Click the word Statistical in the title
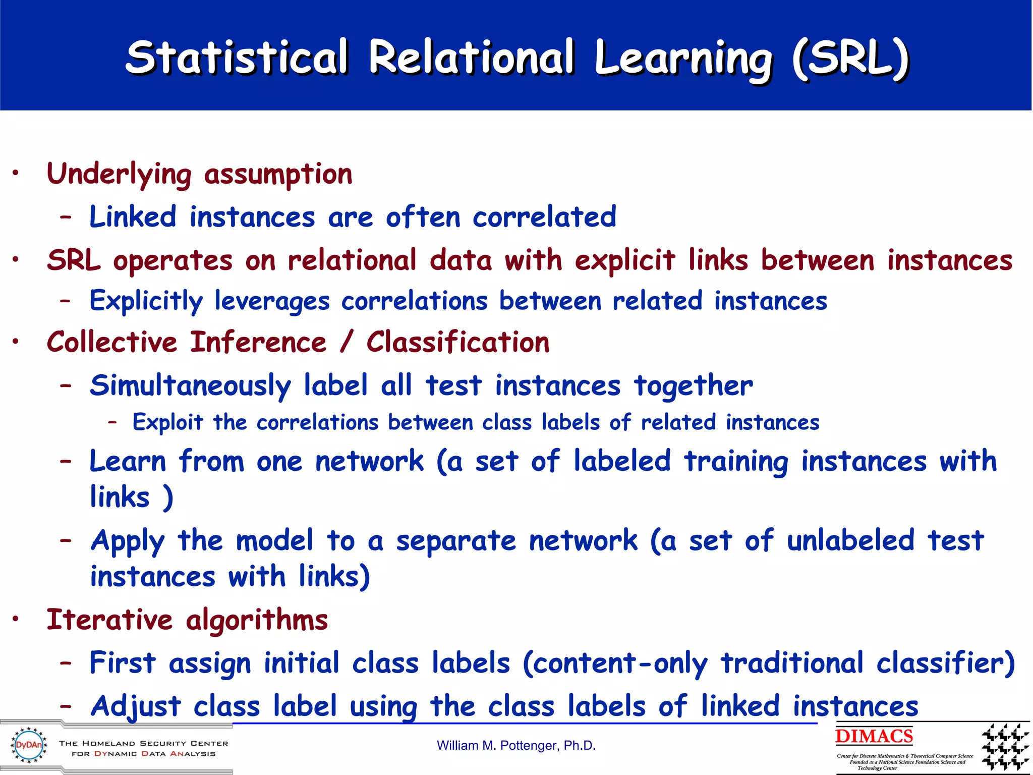tap(237, 57)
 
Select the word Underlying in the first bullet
tap(119, 175)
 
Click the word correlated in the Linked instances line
tap(544, 217)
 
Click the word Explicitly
tap(146, 301)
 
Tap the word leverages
tap(272, 301)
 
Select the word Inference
tap(258, 342)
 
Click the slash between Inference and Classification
tap(346, 342)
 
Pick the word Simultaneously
tap(190, 386)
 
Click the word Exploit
tap(167, 422)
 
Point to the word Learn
tap(128, 461)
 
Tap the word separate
tap(455, 541)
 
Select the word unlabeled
tap(850, 541)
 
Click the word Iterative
tap(109, 620)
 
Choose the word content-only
tap(620, 663)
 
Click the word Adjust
tap(135, 706)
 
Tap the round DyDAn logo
tap(29, 745)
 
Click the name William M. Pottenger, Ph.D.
tap(516, 746)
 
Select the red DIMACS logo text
tap(874, 736)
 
